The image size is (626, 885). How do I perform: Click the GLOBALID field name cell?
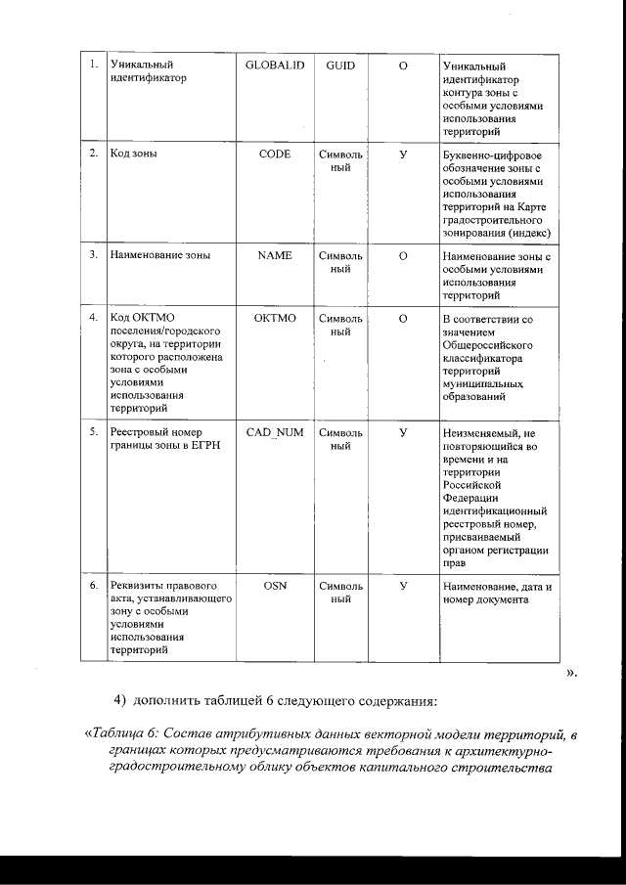pyautogui.click(x=275, y=65)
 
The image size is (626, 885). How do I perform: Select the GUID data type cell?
pyautogui.click(x=340, y=65)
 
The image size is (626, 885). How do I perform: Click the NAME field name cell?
pyautogui.click(x=275, y=255)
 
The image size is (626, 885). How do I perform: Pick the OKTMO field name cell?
pyautogui.click(x=275, y=319)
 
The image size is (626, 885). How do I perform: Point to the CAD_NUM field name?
pyautogui.click(x=275, y=432)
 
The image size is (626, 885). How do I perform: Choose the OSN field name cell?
pyautogui.click(x=275, y=586)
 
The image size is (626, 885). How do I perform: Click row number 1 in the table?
pyautogui.click(x=92, y=65)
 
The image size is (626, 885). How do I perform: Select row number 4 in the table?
pyautogui.click(x=92, y=319)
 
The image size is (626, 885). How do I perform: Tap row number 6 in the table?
pyautogui.click(x=92, y=586)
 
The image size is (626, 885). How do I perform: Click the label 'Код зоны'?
pyautogui.click(x=134, y=155)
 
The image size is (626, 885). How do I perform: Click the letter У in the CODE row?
pyautogui.click(x=403, y=155)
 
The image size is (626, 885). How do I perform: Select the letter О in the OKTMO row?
pyautogui.click(x=403, y=319)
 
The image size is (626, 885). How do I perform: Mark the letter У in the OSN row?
pyautogui.click(x=403, y=586)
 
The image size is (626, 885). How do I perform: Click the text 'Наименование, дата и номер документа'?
pyautogui.click(x=497, y=593)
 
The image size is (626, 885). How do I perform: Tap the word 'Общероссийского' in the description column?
pyautogui.click(x=487, y=345)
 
